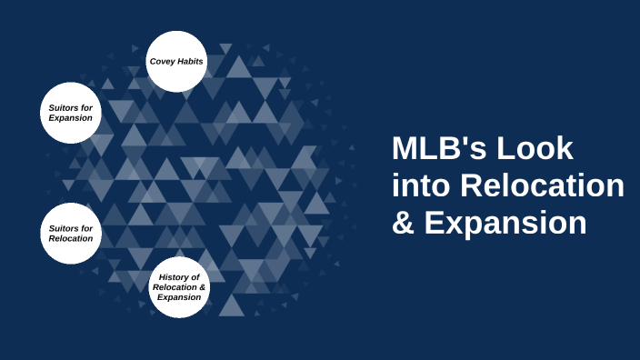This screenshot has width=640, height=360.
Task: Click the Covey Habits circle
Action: [176, 61]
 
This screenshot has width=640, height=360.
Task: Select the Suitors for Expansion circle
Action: [70, 113]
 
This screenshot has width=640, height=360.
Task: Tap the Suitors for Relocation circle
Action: [70, 233]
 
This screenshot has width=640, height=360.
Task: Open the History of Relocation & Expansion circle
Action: [179, 286]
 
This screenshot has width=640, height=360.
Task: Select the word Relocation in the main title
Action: [542, 186]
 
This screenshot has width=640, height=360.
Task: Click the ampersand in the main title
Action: [402, 224]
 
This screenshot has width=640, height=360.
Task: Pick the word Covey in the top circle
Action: [163, 61]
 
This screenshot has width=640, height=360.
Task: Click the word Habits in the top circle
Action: [190, 61]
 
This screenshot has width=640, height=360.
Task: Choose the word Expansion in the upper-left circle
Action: [70, 118]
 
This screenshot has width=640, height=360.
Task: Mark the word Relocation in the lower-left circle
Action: [70, 238]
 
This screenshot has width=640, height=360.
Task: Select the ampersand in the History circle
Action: [204, 286]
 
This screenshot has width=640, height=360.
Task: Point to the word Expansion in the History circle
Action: [178, 296]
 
